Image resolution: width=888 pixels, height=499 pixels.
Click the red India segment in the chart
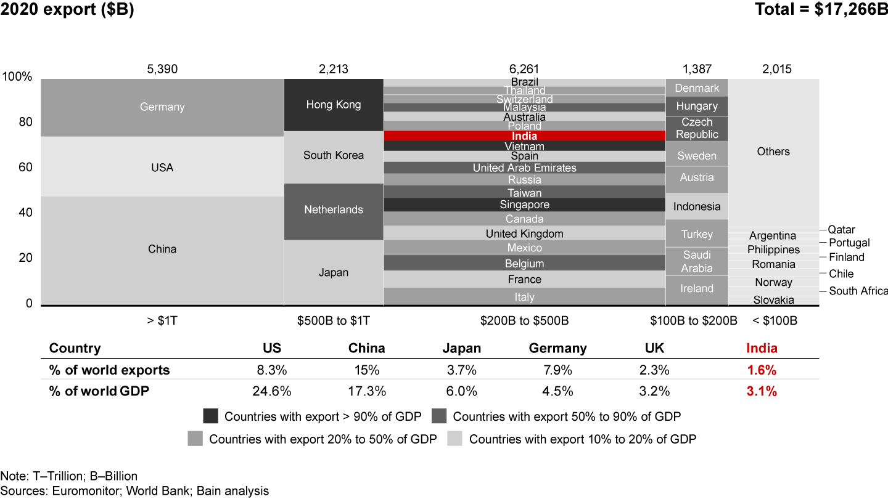pyautogui.click(x=524, y=136)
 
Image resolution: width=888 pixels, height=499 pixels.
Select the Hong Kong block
pyautogui.click(x=334, y=105)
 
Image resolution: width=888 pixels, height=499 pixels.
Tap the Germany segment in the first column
pyautogui.click(x=162, y=107)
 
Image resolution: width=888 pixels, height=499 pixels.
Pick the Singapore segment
pyautogui.click(x=524, y=205)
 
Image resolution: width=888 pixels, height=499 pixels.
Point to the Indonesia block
pyautogui.click(x=697, y=206)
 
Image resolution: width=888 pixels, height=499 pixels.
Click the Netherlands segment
pyautogui.click(x=334, y=210)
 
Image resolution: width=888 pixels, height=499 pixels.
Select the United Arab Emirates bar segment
pyautogui.click(x=524, y=168)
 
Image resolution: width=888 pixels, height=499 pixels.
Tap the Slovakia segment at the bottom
pyautogui.click(x=774, y=301)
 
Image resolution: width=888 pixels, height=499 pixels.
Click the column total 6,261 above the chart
pyautogui.click(x=524, y=69)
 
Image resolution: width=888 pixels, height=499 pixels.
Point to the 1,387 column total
pyautogui.click(x=697, y=69)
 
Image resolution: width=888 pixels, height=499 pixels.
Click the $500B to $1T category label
pyautogui.click(x=334, y=321)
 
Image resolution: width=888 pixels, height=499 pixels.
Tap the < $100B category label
pyautogui.click(x=775, y=321)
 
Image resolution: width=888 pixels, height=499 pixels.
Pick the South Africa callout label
pyautogui.click(x=858, y=291)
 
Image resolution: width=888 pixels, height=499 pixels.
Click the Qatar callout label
pyautogui.click(x=841, y=230)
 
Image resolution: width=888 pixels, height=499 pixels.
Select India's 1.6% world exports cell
pyautogui.click(x=762, y=371)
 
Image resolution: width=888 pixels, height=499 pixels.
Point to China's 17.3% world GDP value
pyautogui.click(x=367, y=391)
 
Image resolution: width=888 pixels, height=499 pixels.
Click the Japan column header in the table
pyautogui.click(x=462, y=348)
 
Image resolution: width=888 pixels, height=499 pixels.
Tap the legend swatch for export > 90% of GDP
pyautogui.click(x=210, y=416)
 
